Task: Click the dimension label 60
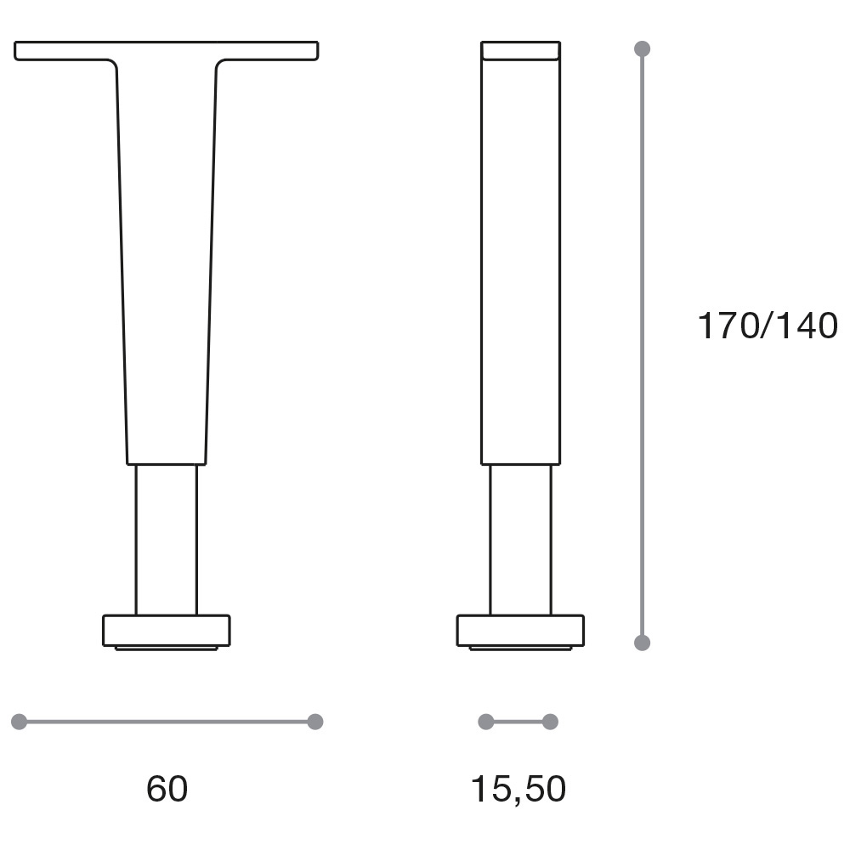167,789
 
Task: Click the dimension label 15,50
518,790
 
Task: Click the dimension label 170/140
767,326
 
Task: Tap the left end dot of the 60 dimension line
19,722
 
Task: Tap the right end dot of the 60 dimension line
315,722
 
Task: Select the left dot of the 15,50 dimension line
486,722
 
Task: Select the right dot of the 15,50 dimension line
550,722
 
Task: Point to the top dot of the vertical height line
643,48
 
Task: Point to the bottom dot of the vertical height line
643,643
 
